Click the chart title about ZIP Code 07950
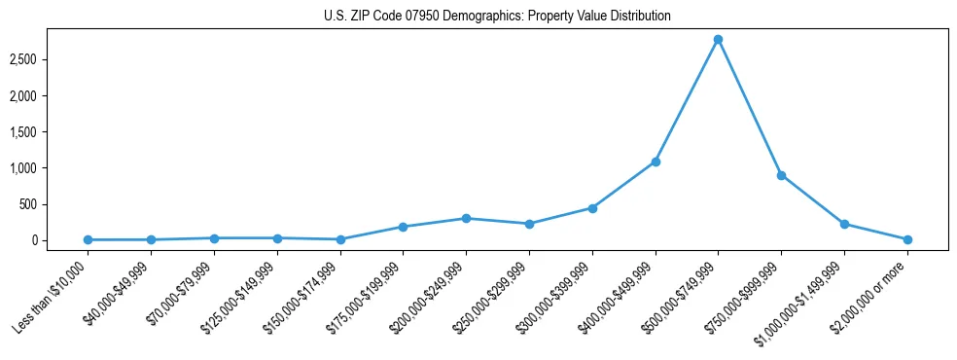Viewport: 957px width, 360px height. (497, 17)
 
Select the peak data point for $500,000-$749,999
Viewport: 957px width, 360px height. (718, 40)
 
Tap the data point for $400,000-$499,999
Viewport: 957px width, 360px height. (656, 162)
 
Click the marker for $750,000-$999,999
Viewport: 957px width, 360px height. (781, 176)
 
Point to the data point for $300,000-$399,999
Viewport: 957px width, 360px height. (592, 208)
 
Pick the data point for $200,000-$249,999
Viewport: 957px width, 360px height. (466, 218)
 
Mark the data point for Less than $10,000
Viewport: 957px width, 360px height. (88, 239)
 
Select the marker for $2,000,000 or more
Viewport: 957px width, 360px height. (907, 239)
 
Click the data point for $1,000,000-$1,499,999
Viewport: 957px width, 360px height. (844, 224)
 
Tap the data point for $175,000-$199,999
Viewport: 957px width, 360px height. (403, 227)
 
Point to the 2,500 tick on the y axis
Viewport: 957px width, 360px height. (50, 60)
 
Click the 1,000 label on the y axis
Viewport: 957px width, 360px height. (50, 168)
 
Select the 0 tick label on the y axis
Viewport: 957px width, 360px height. (59, 240)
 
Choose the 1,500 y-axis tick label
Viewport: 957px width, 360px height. (50, 132)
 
